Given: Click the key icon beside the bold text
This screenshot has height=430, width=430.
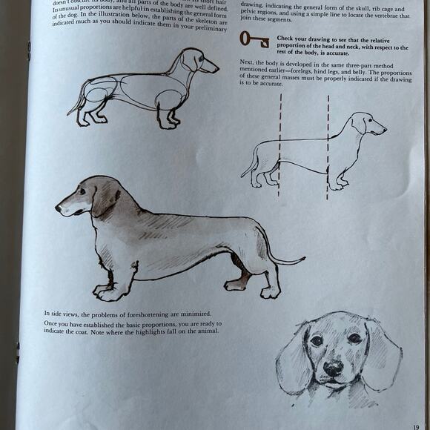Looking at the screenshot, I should click(x=254, y=40).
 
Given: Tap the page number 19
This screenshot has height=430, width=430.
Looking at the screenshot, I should click(x=417, y=426).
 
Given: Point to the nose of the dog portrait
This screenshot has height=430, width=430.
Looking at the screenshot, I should click(x=334, y=367).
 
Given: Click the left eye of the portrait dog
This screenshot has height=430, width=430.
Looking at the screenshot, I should click(x=317, y=340).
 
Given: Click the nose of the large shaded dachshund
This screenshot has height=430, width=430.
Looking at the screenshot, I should click(x=59, y=209).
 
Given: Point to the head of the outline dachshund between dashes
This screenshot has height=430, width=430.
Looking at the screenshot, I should click(x=366, y=125).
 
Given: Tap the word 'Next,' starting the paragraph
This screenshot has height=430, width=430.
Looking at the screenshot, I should click(x=249, y=64).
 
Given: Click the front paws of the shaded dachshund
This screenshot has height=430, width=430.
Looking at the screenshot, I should click(x=110, y=291).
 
